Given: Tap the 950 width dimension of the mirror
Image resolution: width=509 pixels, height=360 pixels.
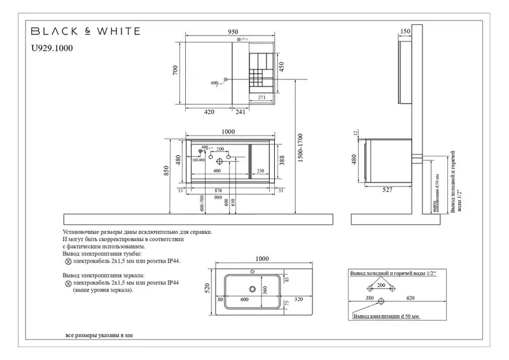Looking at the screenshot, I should [233, 32].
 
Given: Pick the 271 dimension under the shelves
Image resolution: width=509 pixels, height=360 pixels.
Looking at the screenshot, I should [261, 97].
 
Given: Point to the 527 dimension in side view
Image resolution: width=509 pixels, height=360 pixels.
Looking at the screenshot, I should [387, 189].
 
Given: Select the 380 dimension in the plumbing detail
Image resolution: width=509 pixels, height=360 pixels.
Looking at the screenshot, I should [370, 298].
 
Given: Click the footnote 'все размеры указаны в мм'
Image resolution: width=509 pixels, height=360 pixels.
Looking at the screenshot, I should [100, 335].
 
